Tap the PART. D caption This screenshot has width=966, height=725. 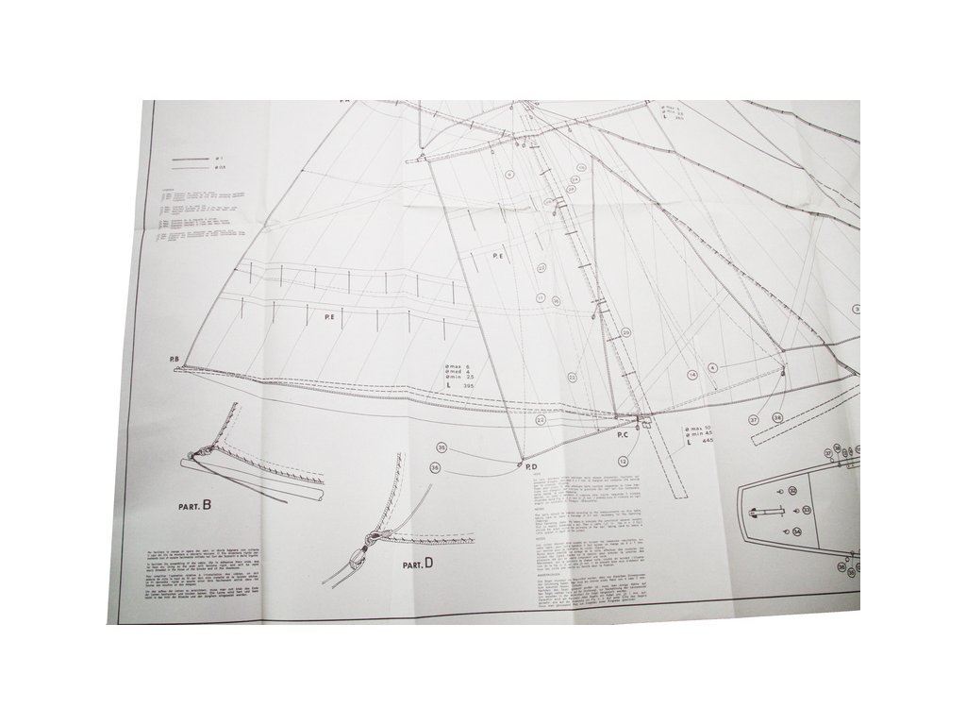click(416, 564)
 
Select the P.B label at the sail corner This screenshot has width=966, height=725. click(175, 359)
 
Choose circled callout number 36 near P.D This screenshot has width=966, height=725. click(435, 466)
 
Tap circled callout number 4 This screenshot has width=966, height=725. click(713, 367)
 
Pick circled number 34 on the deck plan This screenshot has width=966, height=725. click(797, 532)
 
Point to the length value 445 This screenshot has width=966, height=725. click(708, 442)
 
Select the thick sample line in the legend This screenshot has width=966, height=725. click(190, 160)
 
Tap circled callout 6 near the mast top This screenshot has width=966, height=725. click(509, 175)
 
